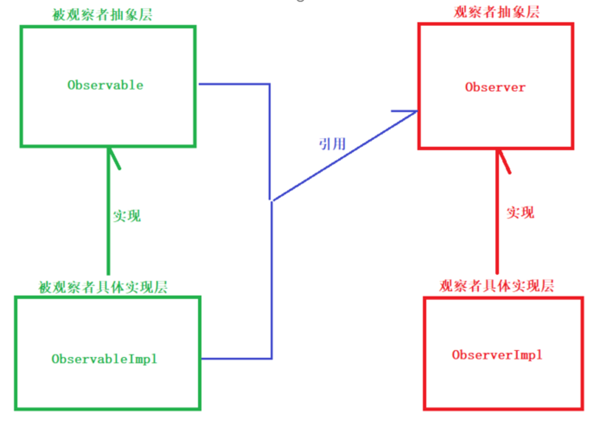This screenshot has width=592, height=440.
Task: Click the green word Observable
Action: tap(105, 85)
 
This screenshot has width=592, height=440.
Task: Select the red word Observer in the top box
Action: tap(495, 87)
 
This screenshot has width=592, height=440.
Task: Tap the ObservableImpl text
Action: tap(104, 359)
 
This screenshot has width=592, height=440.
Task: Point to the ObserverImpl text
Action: tap(497, 355)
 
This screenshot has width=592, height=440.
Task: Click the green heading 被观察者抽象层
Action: tap(102, 15)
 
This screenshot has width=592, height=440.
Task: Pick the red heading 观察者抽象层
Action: tap(496, 12)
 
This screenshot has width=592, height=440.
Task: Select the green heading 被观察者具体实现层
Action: tap(103, 287)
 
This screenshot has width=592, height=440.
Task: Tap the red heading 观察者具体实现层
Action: tap(496, 286)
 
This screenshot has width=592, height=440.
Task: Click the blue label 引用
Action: tap(332, 144)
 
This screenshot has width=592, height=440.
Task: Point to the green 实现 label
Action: tap(127, 216)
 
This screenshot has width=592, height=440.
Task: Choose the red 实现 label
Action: tap(520, 212)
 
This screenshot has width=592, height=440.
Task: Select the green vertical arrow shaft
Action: tap(108, 225)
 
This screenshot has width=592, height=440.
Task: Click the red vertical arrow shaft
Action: tap(497, 225)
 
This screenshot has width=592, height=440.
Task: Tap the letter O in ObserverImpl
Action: tap(456, 355)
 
